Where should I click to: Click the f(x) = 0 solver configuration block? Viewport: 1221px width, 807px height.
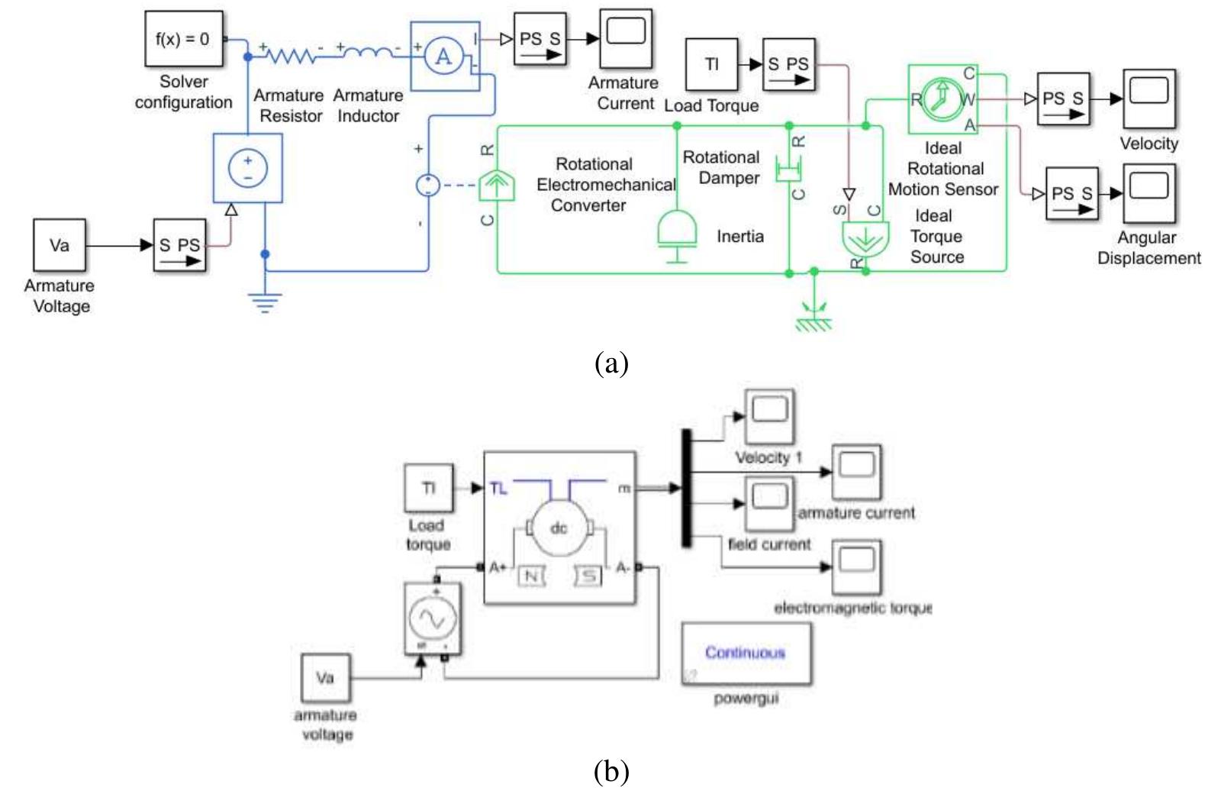click(184, 38)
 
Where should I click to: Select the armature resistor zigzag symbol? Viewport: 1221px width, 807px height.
click(290, 55)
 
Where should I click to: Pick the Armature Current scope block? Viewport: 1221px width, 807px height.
click(626, 37)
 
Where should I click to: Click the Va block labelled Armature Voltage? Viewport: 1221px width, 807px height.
click(60, 245)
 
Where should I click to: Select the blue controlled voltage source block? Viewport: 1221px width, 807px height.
click(248, 168)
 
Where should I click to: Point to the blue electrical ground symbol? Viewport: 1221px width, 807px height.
click(265, 304)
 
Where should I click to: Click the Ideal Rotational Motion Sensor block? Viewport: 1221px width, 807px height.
click(943, 99)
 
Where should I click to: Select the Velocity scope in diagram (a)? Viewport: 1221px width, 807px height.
click(1149, 98)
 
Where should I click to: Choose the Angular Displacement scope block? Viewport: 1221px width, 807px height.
click(1149, 192)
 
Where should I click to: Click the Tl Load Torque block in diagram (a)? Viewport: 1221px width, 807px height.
click(711, 64)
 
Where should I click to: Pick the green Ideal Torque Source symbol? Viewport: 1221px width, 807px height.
click(865, 239)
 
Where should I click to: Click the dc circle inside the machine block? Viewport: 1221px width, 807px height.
click(559, 528)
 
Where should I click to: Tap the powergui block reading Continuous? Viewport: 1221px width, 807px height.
click(746, 654)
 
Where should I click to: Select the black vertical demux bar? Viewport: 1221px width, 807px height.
click(686, 487)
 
